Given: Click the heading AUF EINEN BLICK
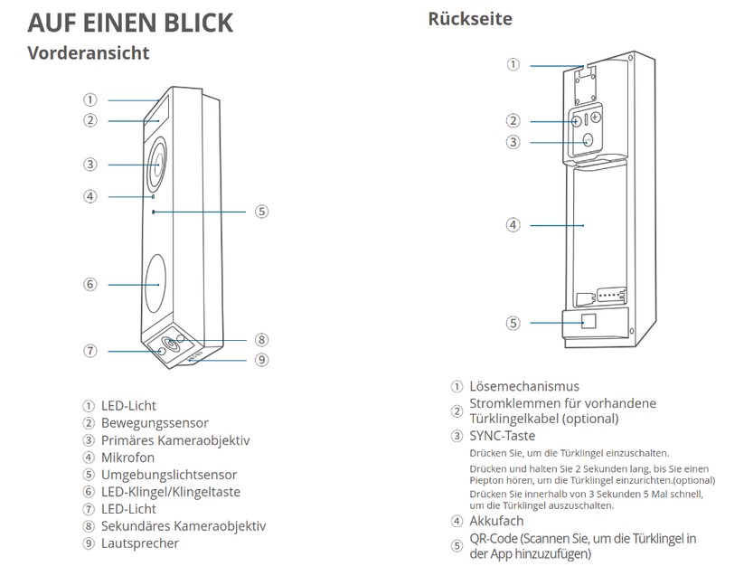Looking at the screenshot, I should (x=130, y=23).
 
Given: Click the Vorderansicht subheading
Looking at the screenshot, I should (x=88, y=52).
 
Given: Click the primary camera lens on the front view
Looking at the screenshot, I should (x=157, y=164).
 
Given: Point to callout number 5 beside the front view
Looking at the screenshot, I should (x=261, y=212).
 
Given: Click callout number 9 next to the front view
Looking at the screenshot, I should (x=261, y=360).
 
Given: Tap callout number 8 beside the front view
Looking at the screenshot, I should (x=261, y=340).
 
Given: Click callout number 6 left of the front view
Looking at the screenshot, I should (x=89, y=284).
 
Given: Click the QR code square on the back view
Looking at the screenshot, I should (x=589, y=321).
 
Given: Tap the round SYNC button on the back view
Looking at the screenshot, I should (x=588, y=140).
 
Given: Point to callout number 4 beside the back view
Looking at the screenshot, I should (x=513, y=224).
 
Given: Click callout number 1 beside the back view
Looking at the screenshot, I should (x=513, y=64).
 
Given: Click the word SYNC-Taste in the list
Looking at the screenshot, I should (x=503, y=436).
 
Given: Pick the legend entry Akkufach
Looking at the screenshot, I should (x=496, y=521).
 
